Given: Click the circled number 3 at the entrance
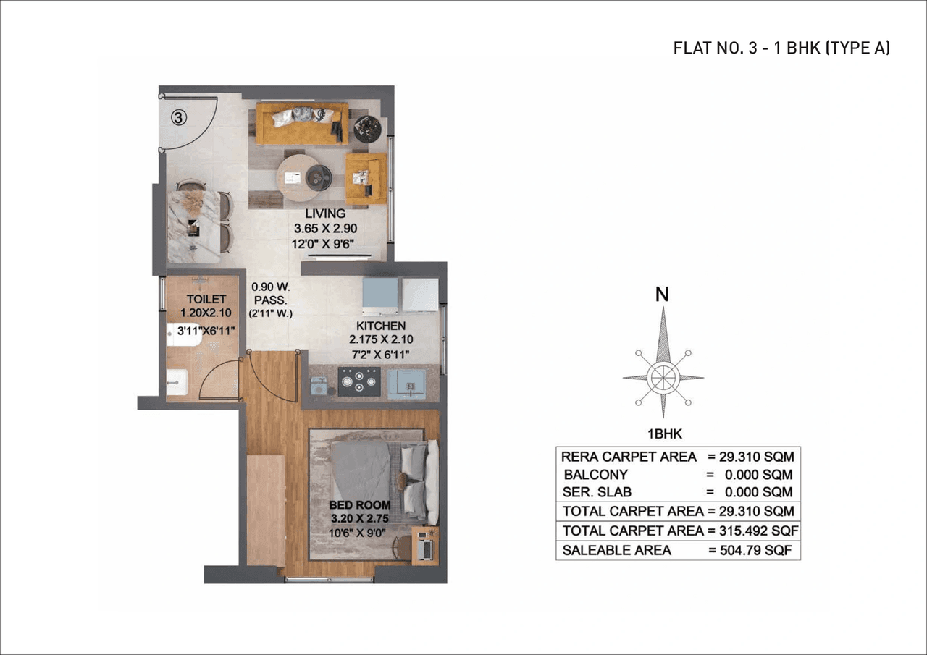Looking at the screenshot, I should tap(180, 117).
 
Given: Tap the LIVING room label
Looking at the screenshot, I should tap(325, 214).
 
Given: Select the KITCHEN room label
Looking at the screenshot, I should tap(381, 326).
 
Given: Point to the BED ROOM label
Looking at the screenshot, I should tap(360, 504).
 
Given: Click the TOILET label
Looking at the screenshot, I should tap(206, 299).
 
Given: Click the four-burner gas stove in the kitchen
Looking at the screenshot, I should tap(359, 381).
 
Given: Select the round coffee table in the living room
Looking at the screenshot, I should tap(305, 177).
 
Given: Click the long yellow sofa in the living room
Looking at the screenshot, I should tap(302, 124).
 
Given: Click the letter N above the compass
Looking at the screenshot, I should tap(662, 295).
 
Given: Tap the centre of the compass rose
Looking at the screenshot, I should tap(663, 377).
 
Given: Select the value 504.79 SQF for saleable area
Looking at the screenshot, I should tap(757, 550).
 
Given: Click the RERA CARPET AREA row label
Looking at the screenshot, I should tap(629, 457).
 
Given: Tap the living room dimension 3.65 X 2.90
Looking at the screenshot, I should tap(325, 229).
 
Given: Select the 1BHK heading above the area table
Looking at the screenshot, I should tap(662, 435).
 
